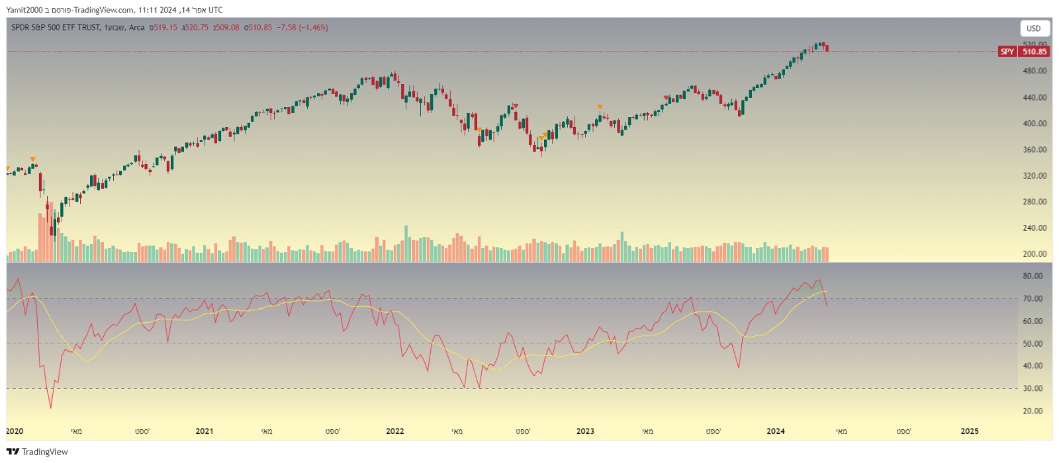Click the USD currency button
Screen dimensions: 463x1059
1033,28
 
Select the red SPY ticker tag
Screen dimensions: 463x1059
1007,52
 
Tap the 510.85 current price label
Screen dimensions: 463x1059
1035,52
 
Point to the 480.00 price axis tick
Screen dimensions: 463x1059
1035,71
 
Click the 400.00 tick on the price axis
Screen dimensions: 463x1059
1035,124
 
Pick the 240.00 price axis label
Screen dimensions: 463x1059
1035,228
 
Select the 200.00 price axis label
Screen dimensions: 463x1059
1035,254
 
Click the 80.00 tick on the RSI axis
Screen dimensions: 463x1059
1033,276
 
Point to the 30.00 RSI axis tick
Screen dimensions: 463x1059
1033,389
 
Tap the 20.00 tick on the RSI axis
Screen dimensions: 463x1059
1033,411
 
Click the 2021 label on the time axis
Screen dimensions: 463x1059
205,431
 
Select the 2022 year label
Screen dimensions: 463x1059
394,431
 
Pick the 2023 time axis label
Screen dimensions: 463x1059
585,431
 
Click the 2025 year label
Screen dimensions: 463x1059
970,431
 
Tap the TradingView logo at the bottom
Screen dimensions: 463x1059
38,452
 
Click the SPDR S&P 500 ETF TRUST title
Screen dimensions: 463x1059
56,28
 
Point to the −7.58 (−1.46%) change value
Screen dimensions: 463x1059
302,28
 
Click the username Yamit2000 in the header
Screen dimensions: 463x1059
24,10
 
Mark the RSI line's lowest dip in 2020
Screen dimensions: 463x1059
50,407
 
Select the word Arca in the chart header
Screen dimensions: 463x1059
136,28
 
